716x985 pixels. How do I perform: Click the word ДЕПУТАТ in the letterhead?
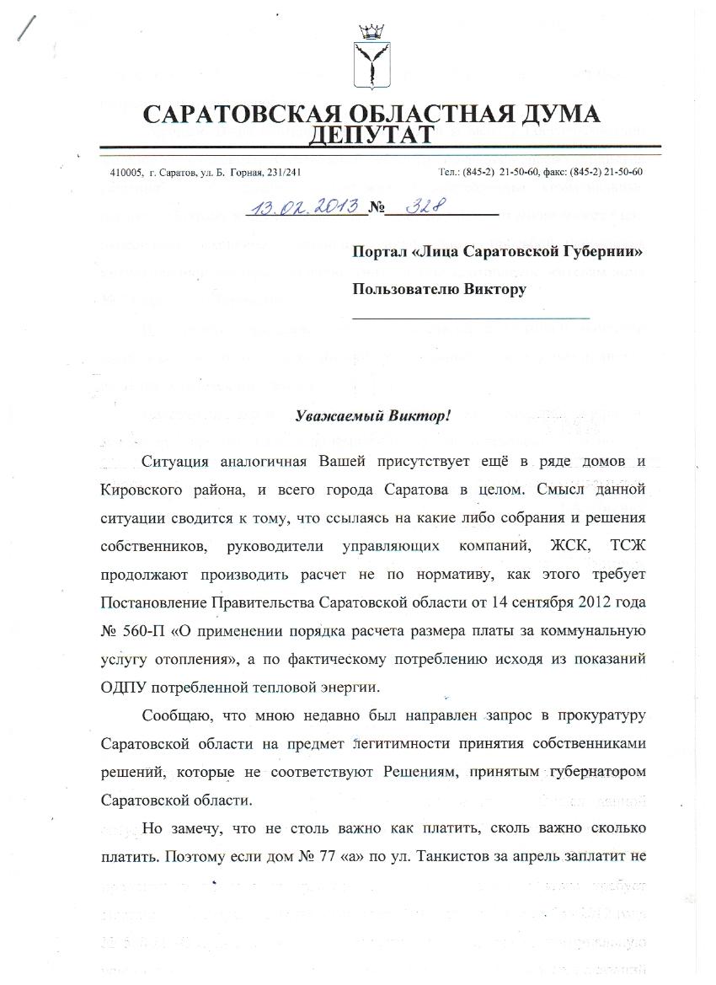(371, 135)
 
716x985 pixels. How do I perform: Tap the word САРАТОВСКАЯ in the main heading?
(234, 115)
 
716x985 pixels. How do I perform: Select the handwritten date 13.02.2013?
(305, 205)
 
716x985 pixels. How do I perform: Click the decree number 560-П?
(147, 630)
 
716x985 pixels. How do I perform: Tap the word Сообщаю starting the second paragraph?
(179, 715)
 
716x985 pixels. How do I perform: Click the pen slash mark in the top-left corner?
(26, 28)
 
